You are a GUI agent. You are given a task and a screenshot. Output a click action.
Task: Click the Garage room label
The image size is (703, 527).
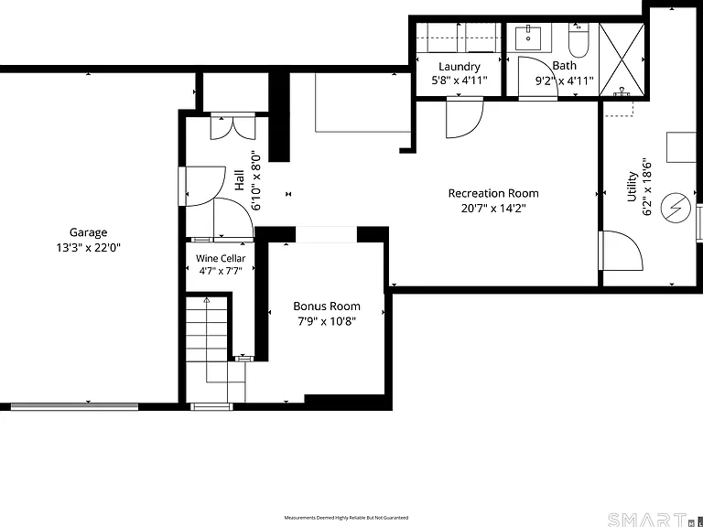[x=88, y=232]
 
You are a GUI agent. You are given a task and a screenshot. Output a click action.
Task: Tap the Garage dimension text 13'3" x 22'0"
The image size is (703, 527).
[x=88, y=248]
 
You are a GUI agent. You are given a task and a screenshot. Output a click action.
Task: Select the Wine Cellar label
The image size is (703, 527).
[x=221, y=259]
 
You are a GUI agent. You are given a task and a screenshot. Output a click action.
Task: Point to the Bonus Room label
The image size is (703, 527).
[x=327, y=307]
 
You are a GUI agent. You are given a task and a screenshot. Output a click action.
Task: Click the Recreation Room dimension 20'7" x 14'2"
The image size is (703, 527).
[x=493, y=209]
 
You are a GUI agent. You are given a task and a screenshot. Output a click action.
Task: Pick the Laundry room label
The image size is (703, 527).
[x=460, y=67]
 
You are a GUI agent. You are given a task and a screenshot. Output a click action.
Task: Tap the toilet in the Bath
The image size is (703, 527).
[x=579, y=40]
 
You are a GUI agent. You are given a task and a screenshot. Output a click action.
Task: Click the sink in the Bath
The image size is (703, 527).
[x=528, y=38]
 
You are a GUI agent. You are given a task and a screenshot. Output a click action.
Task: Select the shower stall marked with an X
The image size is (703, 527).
[x=622, y=60]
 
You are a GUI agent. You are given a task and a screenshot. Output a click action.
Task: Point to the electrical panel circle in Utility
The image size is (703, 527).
[x=676, y=208]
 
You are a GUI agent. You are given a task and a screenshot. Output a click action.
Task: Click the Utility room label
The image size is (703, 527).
[x=632, y=187]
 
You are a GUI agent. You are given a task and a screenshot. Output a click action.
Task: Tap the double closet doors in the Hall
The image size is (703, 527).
[x=233, y=127]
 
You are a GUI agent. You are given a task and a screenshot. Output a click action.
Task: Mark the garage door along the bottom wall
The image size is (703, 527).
[x=74, y=406]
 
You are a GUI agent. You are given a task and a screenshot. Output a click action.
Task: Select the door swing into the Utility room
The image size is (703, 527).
[x=621, y=251]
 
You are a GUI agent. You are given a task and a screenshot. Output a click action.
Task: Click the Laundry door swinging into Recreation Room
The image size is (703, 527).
[x=465, y=117]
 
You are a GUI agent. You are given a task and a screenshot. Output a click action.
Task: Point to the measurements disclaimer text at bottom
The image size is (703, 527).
[x=346, y=518]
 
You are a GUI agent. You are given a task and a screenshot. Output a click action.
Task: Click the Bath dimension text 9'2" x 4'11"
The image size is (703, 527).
[x=565, y=81]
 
